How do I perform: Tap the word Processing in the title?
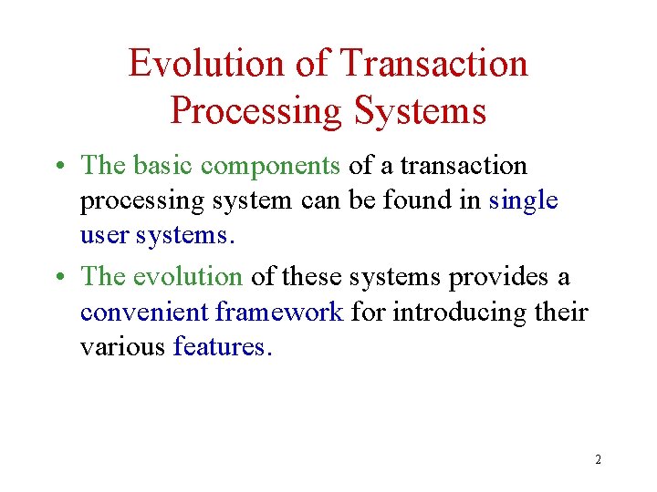pyautogui.click(x=255, y=111)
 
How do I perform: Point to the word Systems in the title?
pyautogui.click(x=420, y=111)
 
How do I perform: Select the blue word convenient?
pyautogui.click(x=144, y=312)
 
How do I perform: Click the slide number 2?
pyautogui.click(x=598, y=459)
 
